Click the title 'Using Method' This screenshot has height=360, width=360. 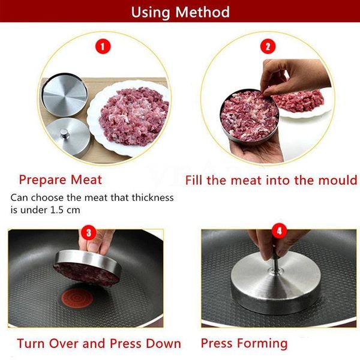tap(180, 11)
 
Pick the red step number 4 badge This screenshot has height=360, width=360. tap(278, 230)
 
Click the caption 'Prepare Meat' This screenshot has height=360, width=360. tap(61, 179)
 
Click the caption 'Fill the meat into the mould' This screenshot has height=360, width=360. tap(271, 179)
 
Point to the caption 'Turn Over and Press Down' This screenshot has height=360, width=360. tap(99, 344)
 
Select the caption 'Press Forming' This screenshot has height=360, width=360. tap(244, 344)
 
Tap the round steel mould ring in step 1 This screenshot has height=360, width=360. tap(63, 94)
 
